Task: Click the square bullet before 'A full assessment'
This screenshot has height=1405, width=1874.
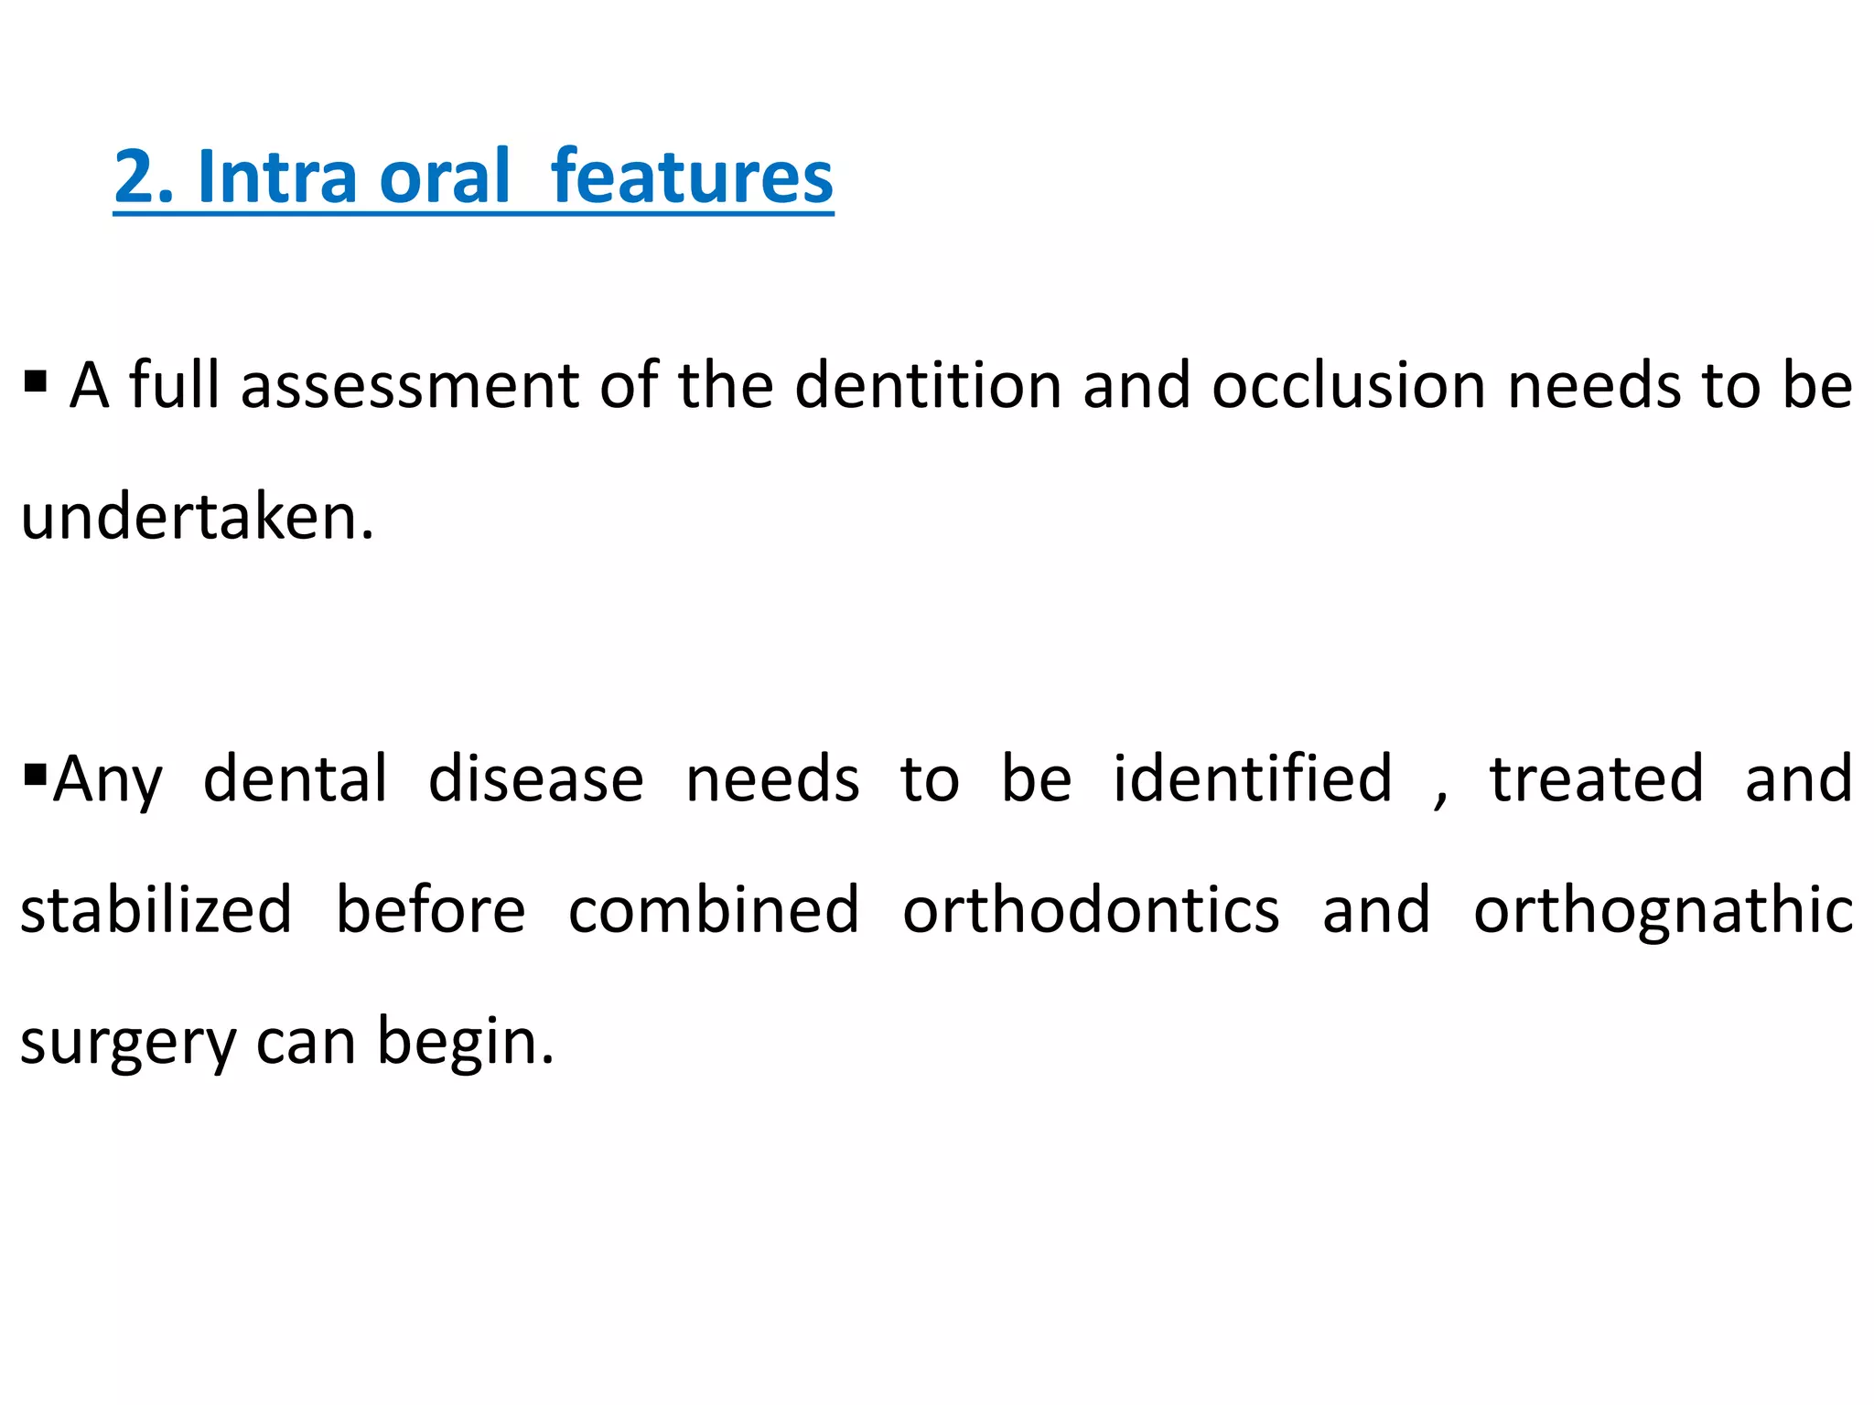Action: coord(36,379)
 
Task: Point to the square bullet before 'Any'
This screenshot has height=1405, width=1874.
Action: coord(36,775)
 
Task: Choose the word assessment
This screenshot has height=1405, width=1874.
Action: coord(410,386)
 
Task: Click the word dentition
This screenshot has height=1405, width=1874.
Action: coord(928,386)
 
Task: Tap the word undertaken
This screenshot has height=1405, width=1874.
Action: coord(197,518)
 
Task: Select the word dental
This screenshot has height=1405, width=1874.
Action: coord(296,779)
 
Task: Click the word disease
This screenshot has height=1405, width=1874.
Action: coord(536,779)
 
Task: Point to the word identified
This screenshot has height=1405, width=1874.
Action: coord(1252,779)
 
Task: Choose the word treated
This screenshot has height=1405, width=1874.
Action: coord(1597,779)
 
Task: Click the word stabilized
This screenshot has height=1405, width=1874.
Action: coord(156,910)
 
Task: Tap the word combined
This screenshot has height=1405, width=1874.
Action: coord(714,910)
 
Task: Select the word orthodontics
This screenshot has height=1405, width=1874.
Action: coord(1091,910)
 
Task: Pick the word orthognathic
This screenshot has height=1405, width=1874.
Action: coord(1663,910)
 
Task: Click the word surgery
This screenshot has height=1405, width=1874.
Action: coord(127,1043)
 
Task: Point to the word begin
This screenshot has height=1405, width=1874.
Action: coord(465,1043)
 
